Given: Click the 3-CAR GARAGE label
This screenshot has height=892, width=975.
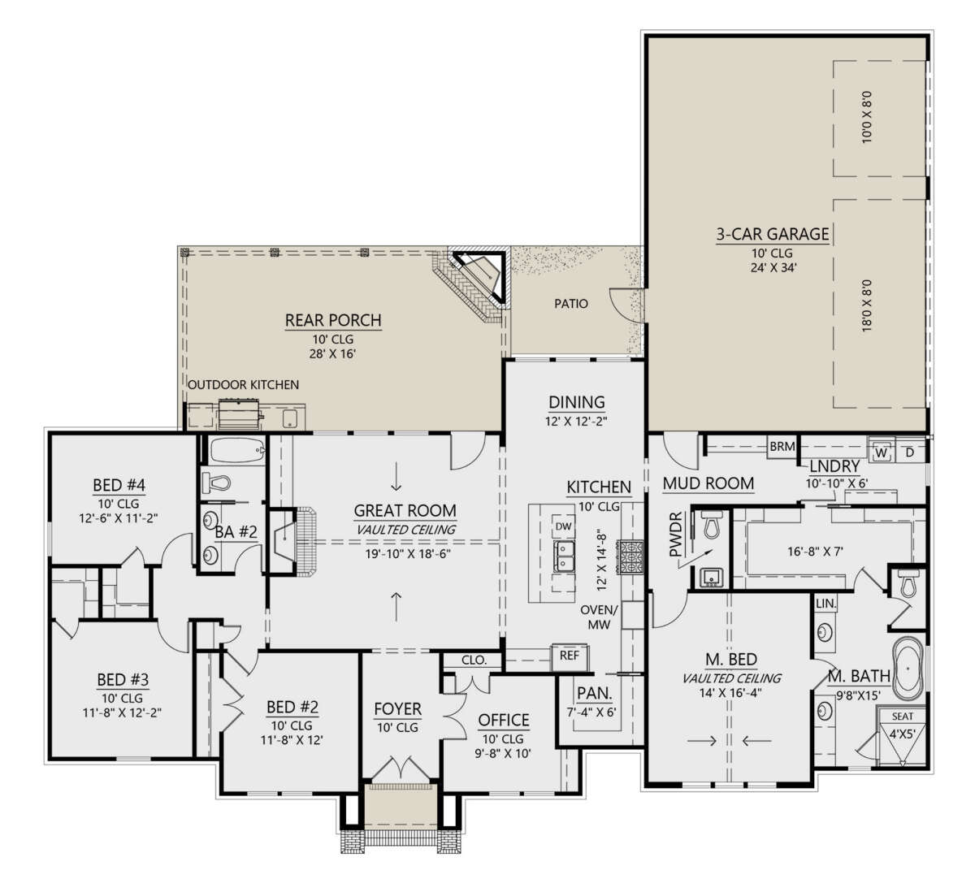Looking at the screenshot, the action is [773, 234].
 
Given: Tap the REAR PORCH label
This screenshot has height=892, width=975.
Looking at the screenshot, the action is [333, 320].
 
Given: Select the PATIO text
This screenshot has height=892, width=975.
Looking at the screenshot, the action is [571, 304].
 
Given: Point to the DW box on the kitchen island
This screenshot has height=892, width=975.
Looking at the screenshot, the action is [563, 526].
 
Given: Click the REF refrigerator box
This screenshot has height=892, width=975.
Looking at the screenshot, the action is [569, 656].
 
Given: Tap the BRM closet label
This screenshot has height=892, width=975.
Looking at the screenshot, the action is [782, 446].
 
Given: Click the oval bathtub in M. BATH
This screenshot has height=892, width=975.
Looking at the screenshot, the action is [908, 669].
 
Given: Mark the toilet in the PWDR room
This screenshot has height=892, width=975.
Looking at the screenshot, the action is [711, 524].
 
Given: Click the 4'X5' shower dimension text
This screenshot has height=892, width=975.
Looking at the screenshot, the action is [903, 734].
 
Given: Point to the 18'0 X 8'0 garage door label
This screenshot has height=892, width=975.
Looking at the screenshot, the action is [867, 305].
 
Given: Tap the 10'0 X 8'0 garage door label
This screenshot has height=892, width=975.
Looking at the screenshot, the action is [867, 117].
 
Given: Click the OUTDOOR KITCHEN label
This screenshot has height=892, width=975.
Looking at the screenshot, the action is [244, 385].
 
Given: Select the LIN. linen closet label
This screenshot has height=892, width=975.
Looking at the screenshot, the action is [825, 604].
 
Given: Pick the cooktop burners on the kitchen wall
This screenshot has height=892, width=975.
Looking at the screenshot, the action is [630, 557].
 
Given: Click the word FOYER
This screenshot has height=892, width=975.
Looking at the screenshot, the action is [397, 710].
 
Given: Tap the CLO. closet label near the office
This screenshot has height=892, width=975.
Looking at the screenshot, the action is [474, 660].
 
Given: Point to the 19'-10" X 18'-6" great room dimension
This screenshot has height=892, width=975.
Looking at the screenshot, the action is [408, 554].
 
